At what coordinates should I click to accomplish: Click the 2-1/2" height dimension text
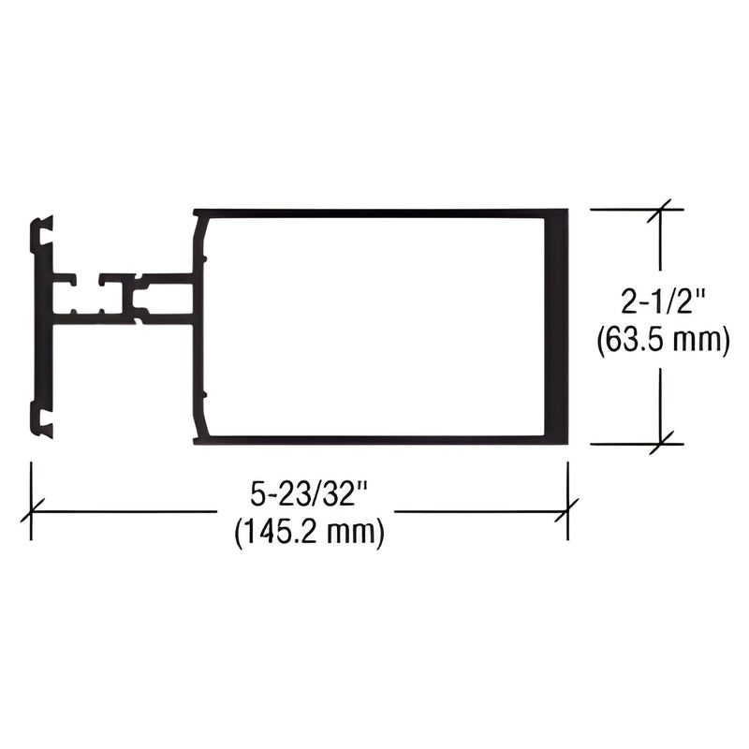tap(662, 303)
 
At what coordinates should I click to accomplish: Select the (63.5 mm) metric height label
tap(662, 343)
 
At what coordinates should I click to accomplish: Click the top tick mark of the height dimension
tap(662, 210)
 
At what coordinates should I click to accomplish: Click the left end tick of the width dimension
tap(32, 511)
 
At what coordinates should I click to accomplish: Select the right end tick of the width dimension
tap(566, 511)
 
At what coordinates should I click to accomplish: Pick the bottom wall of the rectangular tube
tap(374, 438)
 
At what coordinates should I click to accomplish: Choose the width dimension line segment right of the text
tap(477, 511)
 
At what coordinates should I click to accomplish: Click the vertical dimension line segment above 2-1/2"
tap(662, 248)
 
